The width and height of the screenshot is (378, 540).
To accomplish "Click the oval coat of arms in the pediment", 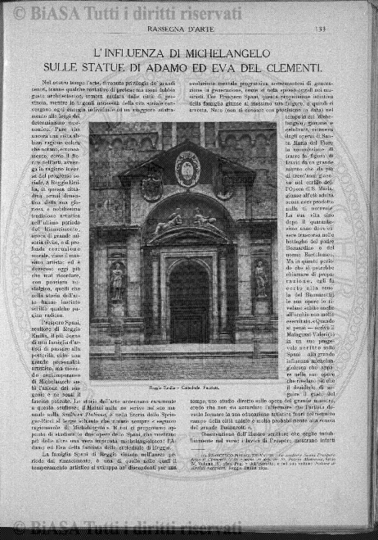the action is (x=187, y=168).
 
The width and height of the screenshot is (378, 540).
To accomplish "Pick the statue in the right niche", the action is (x=260, y=279).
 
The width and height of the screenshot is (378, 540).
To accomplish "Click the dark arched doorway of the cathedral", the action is (x=188, y=299).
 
